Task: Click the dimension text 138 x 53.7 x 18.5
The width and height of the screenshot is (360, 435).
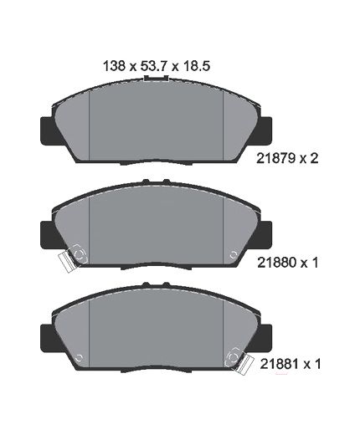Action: [x=157, y=66]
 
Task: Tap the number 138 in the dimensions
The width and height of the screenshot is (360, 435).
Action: [x=114, y=66]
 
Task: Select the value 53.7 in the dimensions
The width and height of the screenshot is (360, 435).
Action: [x=154, y=66]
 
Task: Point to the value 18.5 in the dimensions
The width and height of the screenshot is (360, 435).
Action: [x=197, y=66]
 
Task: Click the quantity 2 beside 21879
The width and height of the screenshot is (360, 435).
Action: [x=314, y=159]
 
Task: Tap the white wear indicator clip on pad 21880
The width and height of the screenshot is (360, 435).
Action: [x=67, y=262]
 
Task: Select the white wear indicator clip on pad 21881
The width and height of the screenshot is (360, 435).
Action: [x=244, y=365]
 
